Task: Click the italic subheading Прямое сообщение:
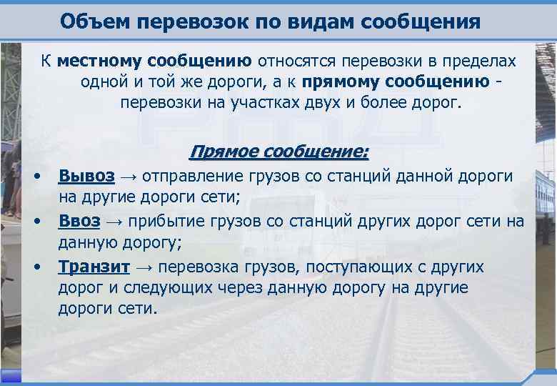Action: [278, 152]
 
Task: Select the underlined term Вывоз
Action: [86, 176]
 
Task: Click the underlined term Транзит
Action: [94, 267]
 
